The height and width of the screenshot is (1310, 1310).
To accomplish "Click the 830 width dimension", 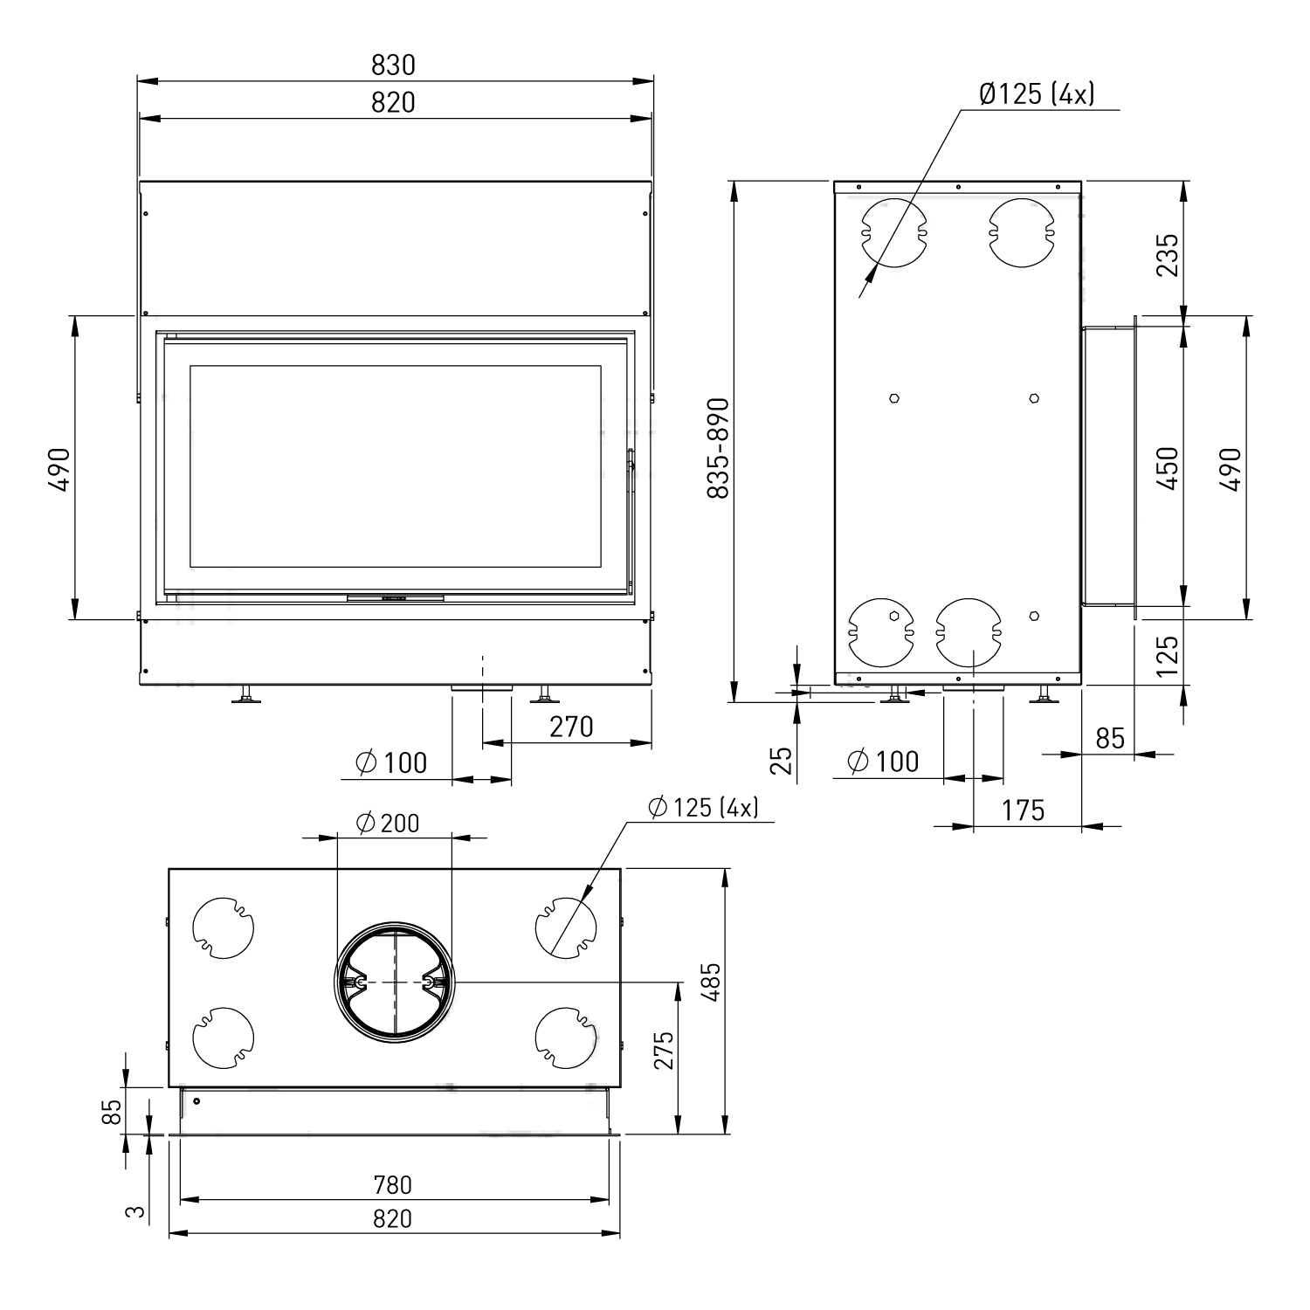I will pyautogui.click(x=393, y=65).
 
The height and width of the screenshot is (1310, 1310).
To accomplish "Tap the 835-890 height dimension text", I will pyautogui.click(x=718, y=449).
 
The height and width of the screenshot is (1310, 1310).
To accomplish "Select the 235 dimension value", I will pyautogui.click(x=1168, y=254).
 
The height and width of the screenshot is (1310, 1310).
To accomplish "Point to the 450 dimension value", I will pyautogui.click(x=1168, y=467).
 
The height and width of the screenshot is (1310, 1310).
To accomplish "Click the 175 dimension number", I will pyautogui.click(x=1023, y=810).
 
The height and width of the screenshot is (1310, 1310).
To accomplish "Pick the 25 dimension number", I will pyautogui.click(x=783, y=760).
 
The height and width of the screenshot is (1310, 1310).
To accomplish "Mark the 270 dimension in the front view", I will pyautogui.click(x=571, y=727).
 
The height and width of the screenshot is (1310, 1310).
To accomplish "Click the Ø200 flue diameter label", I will pyautogui.click(x=388, y=823).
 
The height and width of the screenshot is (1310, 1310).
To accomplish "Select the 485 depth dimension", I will pyautogui.click(x=711, y=982).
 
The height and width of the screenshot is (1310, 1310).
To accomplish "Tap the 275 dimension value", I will pyautogui.click(x=665, y=1050).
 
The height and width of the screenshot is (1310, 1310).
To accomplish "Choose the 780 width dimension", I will pyautogui.click(x=392, y=1185).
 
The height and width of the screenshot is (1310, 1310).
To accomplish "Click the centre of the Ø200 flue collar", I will pyautogui.click(x=395, y=983).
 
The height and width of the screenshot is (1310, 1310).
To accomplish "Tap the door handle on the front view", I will pyautogui.click(x=630, y=472).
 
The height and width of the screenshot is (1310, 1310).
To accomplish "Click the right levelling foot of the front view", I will pyautogui.click(x=545, y=696).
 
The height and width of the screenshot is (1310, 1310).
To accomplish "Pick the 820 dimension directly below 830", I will pyautogui.click(x=393, y=103).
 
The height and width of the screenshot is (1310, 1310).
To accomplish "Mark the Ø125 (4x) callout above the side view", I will pyautogui.click(x=1037, y=94).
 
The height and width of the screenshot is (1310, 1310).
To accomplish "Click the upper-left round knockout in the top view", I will pyautogui.click(x=223, y=927).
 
